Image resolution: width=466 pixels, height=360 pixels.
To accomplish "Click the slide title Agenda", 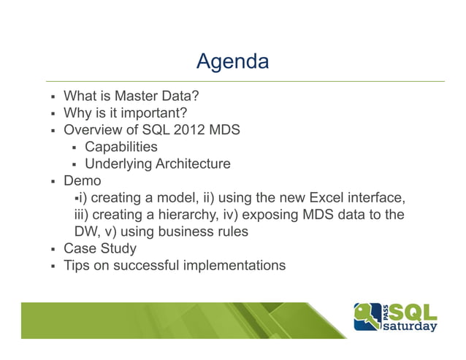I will pyautogui.click(x=232, y=61).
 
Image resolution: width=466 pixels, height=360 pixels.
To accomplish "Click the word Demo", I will pyautogui.click(x=83, y=180).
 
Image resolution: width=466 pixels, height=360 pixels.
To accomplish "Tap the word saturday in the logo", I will pyautogui.click(x=411, y=326).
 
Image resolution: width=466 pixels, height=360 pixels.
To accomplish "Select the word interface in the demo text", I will pyautogui.click(x=376, y=198).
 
